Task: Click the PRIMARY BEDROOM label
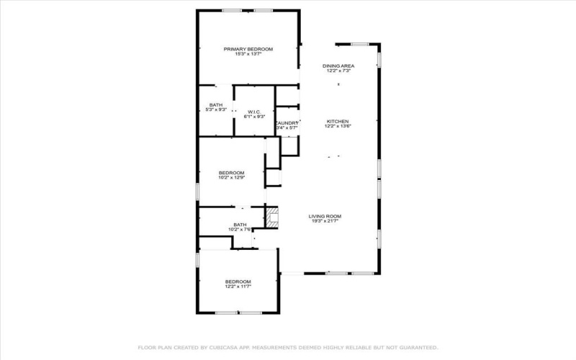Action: [248, 48]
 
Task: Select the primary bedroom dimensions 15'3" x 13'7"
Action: [248, 53]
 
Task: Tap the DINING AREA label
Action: [338, 66]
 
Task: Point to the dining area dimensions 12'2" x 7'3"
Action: [338, 71]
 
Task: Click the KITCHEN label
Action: [338, 121]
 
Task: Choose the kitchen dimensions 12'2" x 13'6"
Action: [338, 126]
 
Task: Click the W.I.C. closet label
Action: [254, 112]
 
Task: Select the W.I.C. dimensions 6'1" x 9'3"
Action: [254, 117]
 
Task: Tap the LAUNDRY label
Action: [287, 123]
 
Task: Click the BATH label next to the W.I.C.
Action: [216, 105]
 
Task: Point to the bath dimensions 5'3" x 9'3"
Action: [216, 110]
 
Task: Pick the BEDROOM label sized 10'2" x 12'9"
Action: [232, 172]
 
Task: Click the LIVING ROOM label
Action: [325, 216]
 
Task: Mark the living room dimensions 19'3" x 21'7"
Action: [325, 221]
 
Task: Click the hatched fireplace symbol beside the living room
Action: [271, 217]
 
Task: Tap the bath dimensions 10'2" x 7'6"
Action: [239, 230]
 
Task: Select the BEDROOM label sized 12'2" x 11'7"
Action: [238, 281]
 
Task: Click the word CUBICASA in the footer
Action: [215, 347]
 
